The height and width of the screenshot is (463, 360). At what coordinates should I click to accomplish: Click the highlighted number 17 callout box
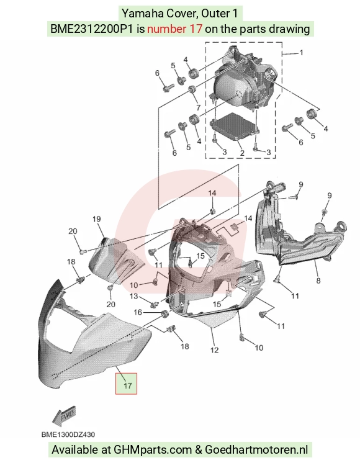[x=126, y=384]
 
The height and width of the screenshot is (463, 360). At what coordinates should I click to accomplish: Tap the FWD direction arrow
[x=64, y=416]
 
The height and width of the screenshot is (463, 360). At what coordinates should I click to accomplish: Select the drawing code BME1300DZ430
[x=68, y=434]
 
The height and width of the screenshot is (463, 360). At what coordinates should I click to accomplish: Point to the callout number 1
[x=301, y=53]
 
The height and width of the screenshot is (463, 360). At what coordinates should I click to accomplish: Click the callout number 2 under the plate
[x=242, y=153]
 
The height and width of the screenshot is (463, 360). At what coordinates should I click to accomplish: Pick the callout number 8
[x=318, y=281]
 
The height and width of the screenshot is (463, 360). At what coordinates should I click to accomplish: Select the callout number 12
[x=214, y=350]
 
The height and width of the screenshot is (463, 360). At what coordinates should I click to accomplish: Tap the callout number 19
[x=97, y=219]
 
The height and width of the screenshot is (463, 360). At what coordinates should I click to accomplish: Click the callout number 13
[x=134, y=296]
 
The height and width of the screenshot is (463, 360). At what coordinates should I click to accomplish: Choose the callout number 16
[x=138, y=312]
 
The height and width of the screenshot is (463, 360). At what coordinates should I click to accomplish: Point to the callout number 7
[x=198, y=107]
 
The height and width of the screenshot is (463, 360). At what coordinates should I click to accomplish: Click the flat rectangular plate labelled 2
[x=235, y=128]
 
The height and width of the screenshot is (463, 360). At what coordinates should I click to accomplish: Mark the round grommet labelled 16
[x=164, y=314]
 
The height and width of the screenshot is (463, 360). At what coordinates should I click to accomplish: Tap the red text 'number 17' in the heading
[x=175, y=29]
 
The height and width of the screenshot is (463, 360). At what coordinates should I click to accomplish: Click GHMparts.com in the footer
[x=153, y=450]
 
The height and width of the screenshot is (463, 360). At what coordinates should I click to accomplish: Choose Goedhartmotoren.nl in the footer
[x=256, y=450]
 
